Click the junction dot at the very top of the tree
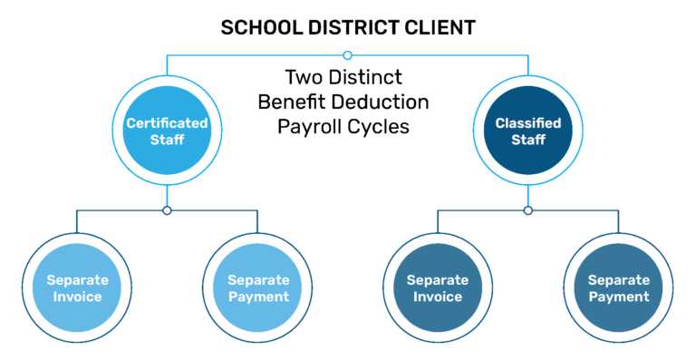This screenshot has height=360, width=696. pyautogui.click(x=347, y=55)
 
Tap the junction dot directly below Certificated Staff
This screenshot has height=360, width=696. pyautogui.click(x=167, y=210)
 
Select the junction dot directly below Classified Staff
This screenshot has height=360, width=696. pyautogui.click(x=528, y=210)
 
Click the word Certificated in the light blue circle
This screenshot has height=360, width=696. pyautogui.click(x=167, y=123)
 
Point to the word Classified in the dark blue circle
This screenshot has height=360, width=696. pyautogui.click(x=528, y=123)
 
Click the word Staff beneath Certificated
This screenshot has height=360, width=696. pyautogui.click(x=167, y=140)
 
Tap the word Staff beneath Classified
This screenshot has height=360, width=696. pyautogui.click(x=528, y=140)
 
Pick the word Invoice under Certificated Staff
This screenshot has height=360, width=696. pyautogui.click(x=77, y=297)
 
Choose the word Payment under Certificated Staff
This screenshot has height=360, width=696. pyautogui.click(x=258, y=297)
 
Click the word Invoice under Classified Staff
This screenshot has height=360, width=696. pyautogui.click(x=438, y=297)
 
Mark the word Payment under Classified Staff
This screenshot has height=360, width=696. pyautogui.click(x=619, y=297)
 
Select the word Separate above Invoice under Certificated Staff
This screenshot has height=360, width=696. pyautogui.click(x=77, y=280)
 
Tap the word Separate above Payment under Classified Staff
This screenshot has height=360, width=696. pyautogui.click(x=619, y=280)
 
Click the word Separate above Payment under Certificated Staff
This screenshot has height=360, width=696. pyautogui.click(x=258, y=280)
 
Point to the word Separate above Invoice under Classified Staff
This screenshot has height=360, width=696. pyautogui.click(x=438, y=280)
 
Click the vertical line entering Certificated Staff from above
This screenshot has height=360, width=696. pyautogui.click(x=167, y=64)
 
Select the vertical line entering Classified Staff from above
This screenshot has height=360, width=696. pyautogui.click(x=528, y=64)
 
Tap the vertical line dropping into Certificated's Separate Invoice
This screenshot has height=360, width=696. pyautogui.click(x=77, y=221)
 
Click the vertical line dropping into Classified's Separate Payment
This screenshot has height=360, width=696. pyautogui.click(x=619, y=221)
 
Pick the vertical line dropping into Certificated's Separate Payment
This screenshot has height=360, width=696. pyautogui.click(x=258, y=221)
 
